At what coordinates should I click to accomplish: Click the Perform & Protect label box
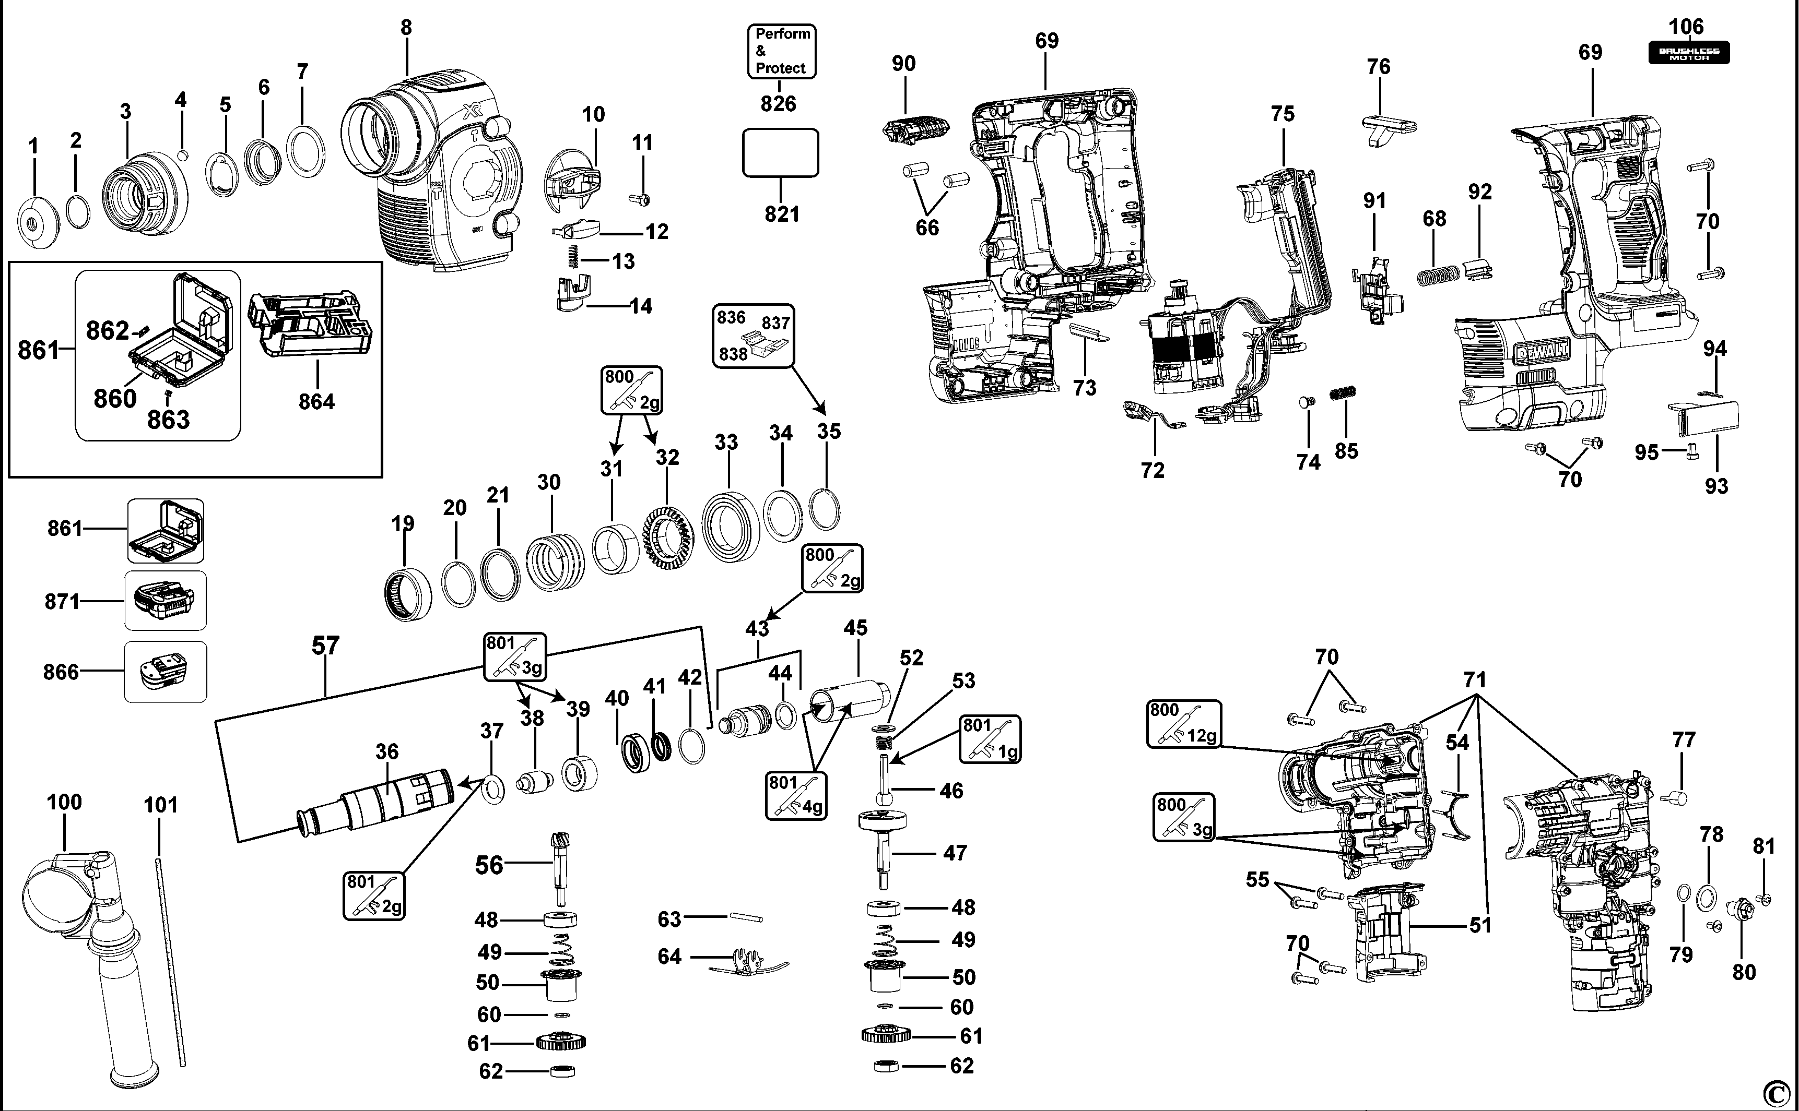point(782,51)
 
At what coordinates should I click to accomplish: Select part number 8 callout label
point(406,27)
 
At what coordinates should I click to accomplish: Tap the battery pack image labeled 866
point(164,672)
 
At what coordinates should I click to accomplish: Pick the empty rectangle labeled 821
point(780,153)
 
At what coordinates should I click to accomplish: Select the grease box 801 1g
point(990,738)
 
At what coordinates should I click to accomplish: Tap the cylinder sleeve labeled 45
point(849,698)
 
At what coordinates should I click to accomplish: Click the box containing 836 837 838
point(754,336)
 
